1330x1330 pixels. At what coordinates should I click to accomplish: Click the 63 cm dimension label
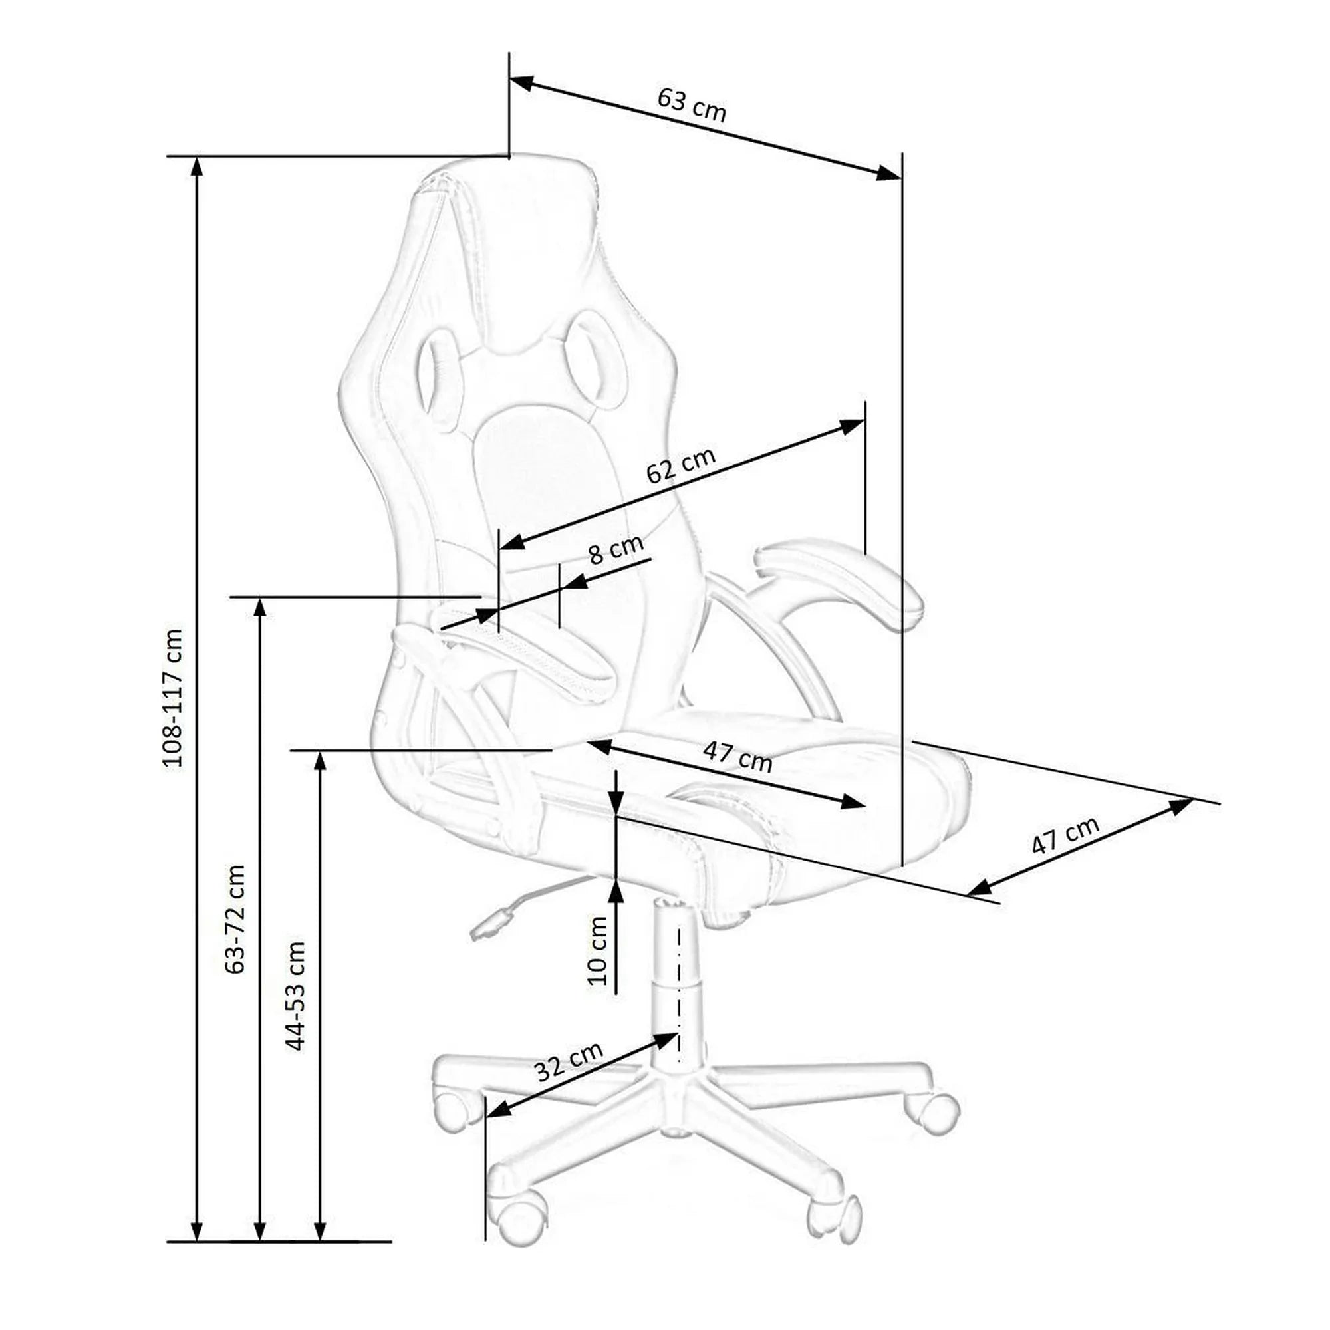[x=691, y=105]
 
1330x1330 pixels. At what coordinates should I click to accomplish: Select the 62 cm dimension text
[x=681, y=465]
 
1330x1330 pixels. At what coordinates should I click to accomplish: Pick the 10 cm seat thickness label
[x=598, y=951]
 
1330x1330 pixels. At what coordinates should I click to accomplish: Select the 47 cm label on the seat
[x=738, y=757]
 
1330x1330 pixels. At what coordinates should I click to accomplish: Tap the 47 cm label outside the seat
[x=1065, y=835]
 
